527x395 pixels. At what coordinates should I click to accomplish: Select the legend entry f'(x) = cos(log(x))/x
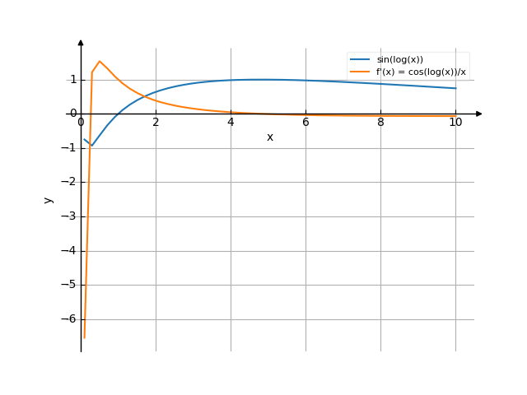[x=422, y=72]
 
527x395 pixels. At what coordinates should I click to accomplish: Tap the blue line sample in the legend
[x=360, y=60]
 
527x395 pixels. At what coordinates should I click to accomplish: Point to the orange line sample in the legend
[x=360, y=72]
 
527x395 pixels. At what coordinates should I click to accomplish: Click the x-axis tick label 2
[x=156, y=122]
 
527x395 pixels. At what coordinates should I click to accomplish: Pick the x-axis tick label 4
[x=231, y=122]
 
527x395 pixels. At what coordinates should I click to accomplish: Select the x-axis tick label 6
[x=305, y=122]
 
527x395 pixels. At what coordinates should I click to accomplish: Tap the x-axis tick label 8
[x=380, y=122]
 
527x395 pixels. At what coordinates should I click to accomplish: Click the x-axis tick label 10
[x=455, y=122]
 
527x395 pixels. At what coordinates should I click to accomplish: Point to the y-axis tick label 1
[x=72, y=80]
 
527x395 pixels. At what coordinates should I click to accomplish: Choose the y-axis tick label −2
[x=70, y=182]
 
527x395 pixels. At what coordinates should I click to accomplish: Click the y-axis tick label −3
[x=70, y=216]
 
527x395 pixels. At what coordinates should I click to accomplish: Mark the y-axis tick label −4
[x=70, y=251]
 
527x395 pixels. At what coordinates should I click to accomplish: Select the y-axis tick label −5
[x=70, y=285]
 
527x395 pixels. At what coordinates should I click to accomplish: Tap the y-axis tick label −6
[x=70, y=319]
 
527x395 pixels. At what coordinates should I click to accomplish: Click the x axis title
[x=270, y=137]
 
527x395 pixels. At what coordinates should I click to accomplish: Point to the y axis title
[x=49, y=199]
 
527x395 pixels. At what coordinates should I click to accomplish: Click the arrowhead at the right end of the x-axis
[x=479, y=114]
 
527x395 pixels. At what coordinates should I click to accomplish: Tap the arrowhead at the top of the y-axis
[x=81, y=42]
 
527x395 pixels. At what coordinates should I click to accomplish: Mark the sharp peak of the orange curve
[x=100, y=61]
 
